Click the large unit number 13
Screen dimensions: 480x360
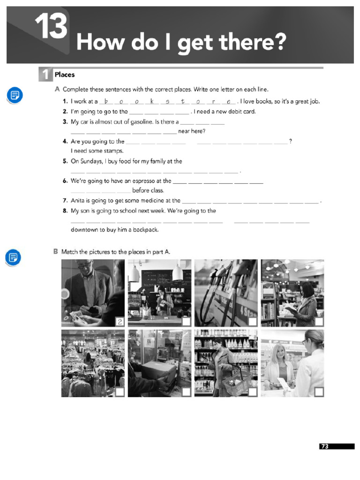[x=51, y=27]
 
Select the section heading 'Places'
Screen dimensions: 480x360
[x=65, y=75]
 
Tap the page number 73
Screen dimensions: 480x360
[x=325, y=446]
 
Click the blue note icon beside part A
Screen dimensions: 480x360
[x=15, y=96]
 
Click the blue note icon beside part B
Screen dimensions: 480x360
[x=13, y=257]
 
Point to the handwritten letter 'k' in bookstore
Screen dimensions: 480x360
[x=152, y=101]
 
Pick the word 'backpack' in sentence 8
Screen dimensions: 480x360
[x=145, y=230]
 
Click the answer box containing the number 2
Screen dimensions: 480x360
[x=120, y=321]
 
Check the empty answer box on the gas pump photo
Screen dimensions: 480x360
[x=253, y=322]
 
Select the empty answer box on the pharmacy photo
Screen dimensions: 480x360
[x=319, y=392]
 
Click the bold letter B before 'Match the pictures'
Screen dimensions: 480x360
[x=56, y=252]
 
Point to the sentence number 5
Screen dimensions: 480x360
[x=65, y=161]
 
